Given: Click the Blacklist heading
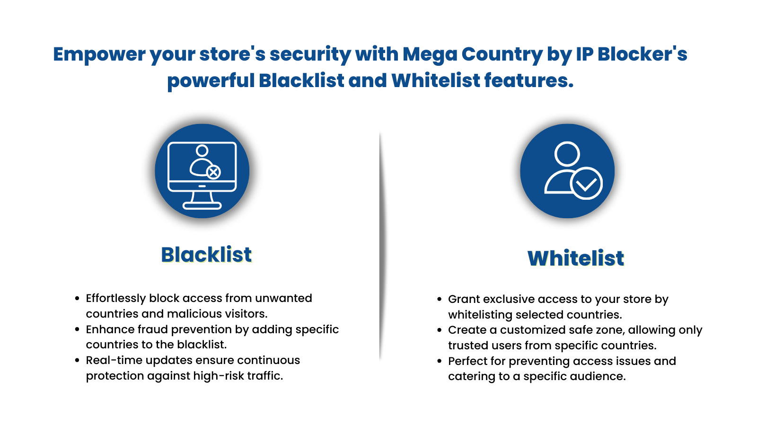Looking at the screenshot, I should coord(206,255).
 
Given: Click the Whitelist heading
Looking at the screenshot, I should coord(576,258).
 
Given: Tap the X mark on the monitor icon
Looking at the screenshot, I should coord(213,172).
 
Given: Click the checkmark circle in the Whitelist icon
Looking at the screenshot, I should coord(587,184).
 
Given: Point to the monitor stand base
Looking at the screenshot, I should coord(202,205).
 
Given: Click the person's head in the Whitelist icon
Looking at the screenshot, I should coord(567,154).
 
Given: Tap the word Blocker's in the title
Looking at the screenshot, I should coord(642,54).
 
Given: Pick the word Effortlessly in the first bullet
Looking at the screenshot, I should coord(116,298).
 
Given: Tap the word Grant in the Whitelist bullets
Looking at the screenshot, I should coord(464,299).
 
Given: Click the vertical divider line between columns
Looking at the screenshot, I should coord(380,246).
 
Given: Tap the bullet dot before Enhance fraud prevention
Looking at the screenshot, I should coord(77,329).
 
